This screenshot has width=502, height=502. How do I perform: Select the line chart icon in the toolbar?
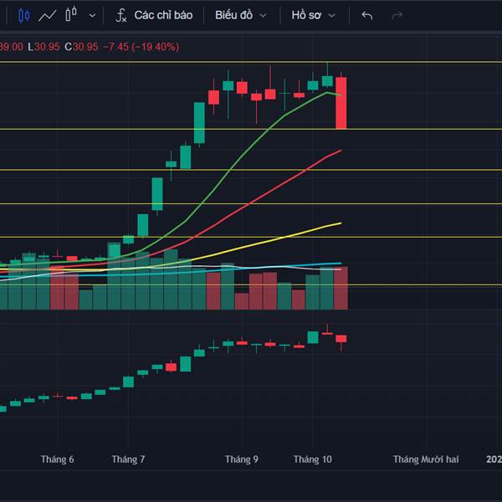(48, 15)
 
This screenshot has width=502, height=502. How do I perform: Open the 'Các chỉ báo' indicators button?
(154, 15)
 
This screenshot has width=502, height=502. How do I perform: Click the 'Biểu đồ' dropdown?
(241, 15)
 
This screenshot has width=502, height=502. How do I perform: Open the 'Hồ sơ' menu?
(314, 15)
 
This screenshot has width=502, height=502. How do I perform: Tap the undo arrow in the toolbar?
(366, 15)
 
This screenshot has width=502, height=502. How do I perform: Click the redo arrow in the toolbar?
(397, 15)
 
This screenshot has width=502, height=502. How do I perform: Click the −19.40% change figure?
(151, 47)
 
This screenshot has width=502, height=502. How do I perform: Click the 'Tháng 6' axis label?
(57, 459)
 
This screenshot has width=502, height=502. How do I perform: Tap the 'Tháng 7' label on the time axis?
(128, 459)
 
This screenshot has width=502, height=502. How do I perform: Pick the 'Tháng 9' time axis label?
(241, 459)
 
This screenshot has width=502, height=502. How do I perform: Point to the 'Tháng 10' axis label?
(313, 459)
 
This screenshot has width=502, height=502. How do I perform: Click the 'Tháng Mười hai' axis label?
(427, 459)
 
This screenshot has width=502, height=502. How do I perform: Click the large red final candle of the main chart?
(341, 102)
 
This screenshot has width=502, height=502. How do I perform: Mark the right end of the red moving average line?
(341, 151)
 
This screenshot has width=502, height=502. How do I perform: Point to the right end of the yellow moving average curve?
(341, 223)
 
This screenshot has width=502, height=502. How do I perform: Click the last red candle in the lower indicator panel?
(341, 339)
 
